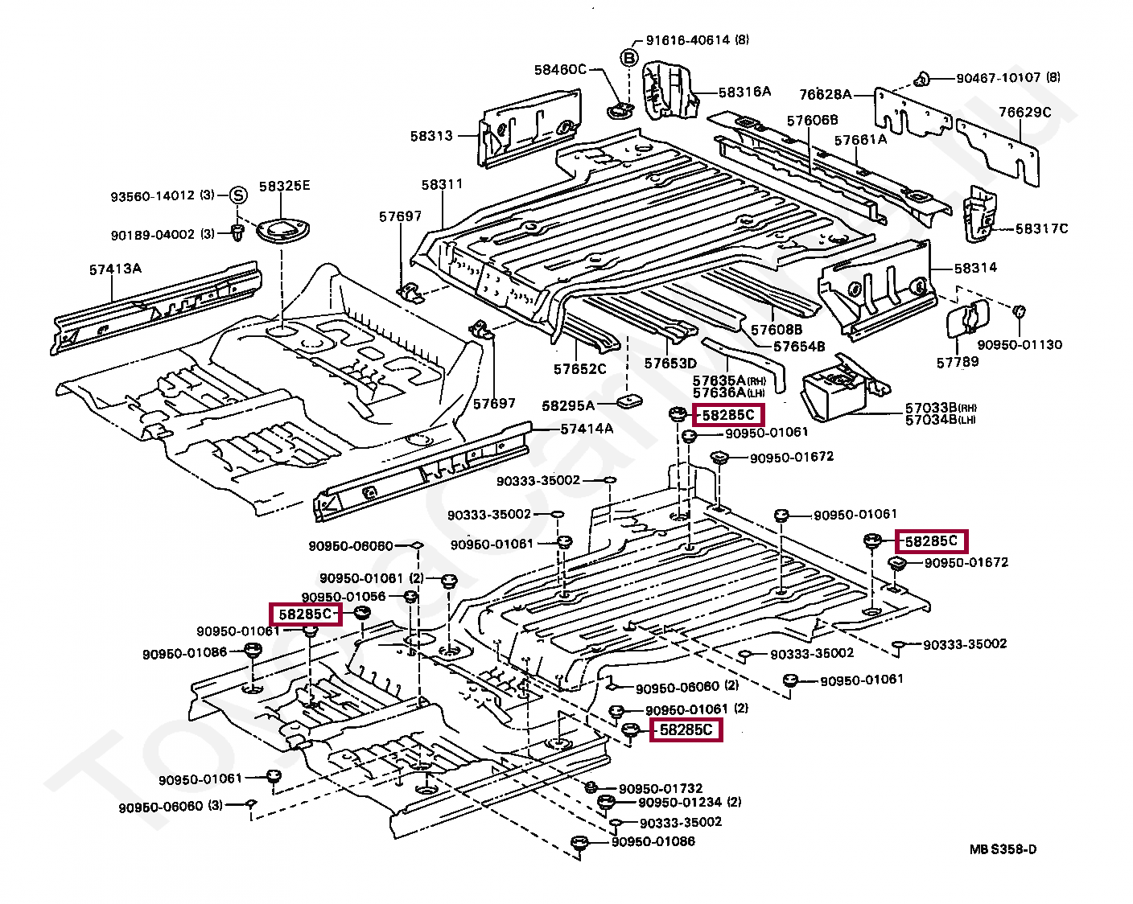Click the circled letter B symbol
629,57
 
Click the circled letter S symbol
238,195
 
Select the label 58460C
560,69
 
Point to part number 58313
432,136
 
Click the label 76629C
1024,112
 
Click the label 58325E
284,186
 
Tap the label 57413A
115,269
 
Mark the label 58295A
568,405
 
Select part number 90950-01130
1020,345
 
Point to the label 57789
957,362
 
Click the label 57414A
587,429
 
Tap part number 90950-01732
661,789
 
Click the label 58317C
1041,228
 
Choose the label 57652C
579,369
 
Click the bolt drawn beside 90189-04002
238,232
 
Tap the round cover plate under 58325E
282,229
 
